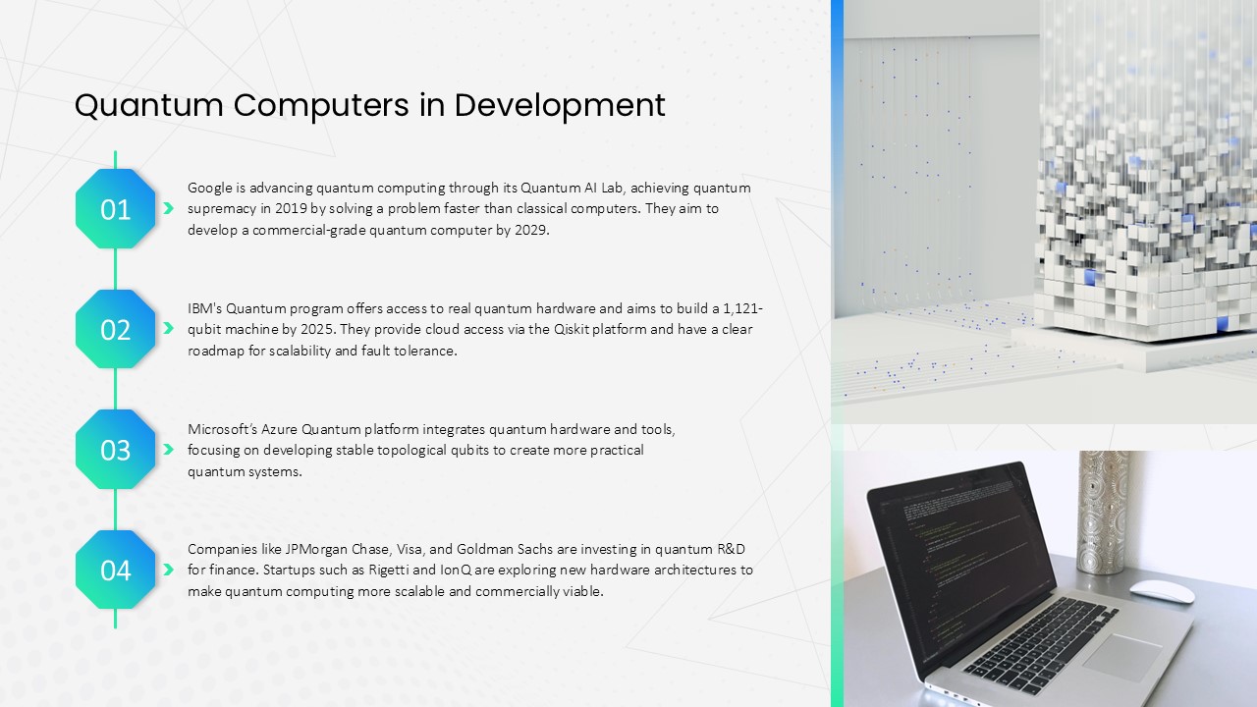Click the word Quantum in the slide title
pyautogui.click(x=148, y=105)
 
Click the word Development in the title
pyautogui.click(x=560, y=105)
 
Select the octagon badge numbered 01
pyautogui.click(x=116, y=209)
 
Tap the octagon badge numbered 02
pyautogui.click(x=116, y=329)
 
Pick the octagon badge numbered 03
pyautogui.click(x=116, y=450)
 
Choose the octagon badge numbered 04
pyautogui.click(x=116, y=570)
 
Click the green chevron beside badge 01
pyautogui.click(x=168, y=208)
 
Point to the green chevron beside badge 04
pyautogui.click(x=168, y=570)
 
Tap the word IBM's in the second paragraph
pyautogui.click(x=205, y=308)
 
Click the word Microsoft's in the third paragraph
pyautogui.click(x=222, y=429)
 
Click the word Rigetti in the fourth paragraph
pyautogui.click(x=388, y=571)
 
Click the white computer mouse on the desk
pyautogui.click(x=1162, y=591)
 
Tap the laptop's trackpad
pyautogui.click(x=1121, y=658)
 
